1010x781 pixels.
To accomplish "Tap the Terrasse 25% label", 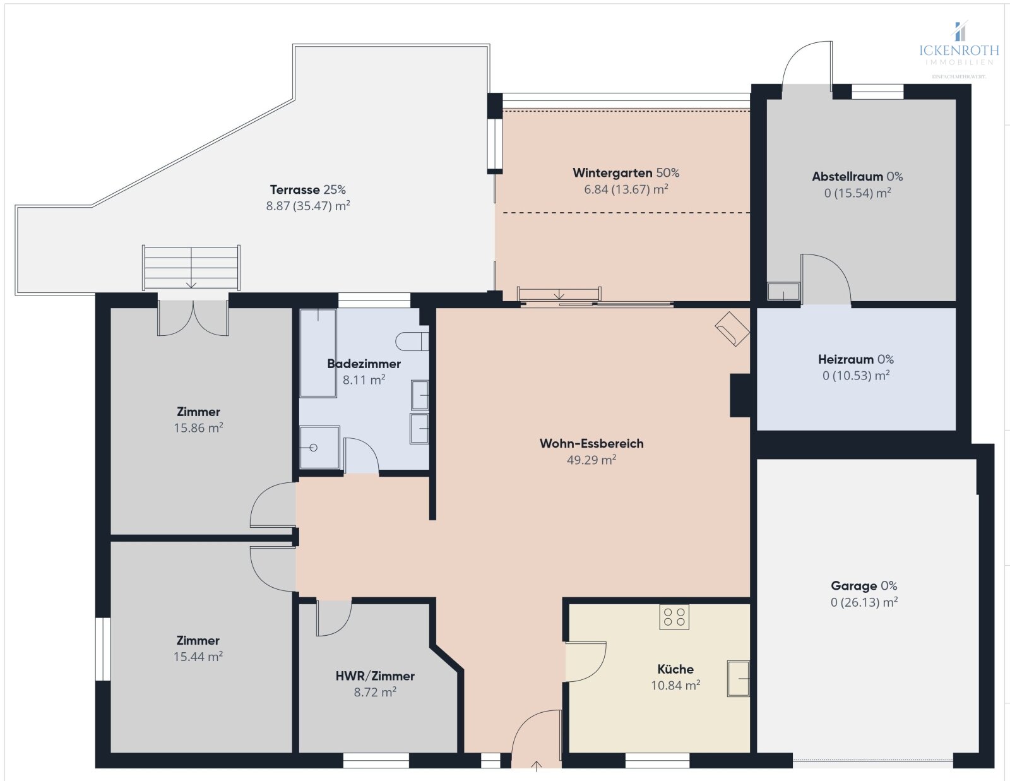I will point(307,189).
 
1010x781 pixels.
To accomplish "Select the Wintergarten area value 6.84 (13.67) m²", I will point(626,189).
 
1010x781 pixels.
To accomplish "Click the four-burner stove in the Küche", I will point(674,617).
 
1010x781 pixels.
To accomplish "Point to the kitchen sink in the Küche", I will point(738,679).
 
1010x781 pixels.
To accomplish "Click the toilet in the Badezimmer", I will point(412,342).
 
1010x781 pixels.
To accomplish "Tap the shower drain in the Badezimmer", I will point(313,448).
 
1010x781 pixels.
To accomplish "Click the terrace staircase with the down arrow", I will point(191,268).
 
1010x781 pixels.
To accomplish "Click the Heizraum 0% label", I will point(855,359).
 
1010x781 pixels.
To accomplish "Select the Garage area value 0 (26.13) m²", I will point(864,602).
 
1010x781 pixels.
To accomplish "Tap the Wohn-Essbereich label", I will point(591,443).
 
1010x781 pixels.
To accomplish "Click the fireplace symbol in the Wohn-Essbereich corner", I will point(732,329).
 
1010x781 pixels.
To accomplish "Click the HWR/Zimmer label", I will point(375,676).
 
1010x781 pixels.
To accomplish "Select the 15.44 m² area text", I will point(198,657).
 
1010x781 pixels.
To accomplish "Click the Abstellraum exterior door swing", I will point(806,63).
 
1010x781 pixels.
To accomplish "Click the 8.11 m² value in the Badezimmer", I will point(364,380).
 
